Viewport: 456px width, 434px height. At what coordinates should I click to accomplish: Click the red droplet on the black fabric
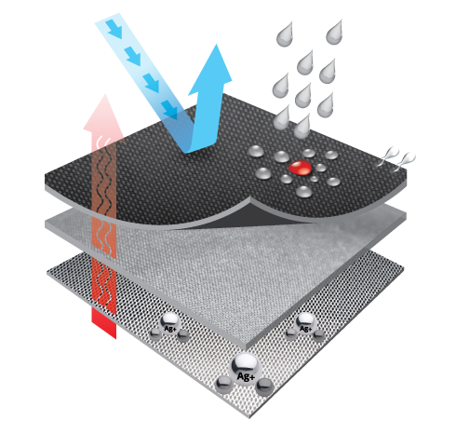coord(300,168)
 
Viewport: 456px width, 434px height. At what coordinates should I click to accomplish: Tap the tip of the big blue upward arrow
coord(216,45)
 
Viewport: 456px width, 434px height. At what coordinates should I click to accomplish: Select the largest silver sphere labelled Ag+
coord(246,369)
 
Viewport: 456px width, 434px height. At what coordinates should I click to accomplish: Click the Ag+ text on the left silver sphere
coord(170,328)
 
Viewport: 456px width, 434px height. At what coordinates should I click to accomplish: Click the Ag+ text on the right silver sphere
coord(305,328)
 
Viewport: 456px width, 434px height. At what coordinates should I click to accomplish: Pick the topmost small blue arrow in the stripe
coord(114,29)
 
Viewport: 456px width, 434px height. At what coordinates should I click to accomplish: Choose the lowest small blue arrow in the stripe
coord(169,110)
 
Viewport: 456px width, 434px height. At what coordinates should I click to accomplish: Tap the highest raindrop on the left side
coord(285,34)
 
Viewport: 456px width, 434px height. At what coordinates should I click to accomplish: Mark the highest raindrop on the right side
coord(334,33)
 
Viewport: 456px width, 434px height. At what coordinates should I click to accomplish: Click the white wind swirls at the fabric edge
coord(396,157)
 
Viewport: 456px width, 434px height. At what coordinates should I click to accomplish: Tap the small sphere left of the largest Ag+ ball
coord(223,385)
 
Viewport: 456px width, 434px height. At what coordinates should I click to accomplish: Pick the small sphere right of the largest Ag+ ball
coord(264,387)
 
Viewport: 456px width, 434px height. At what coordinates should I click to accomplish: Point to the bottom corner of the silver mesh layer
coord(249,417)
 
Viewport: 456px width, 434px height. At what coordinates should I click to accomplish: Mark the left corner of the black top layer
coord(46,180)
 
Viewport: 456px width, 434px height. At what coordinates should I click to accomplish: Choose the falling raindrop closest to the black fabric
coord(302,127)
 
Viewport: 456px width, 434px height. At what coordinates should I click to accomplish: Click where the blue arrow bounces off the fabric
coord(189,151)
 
